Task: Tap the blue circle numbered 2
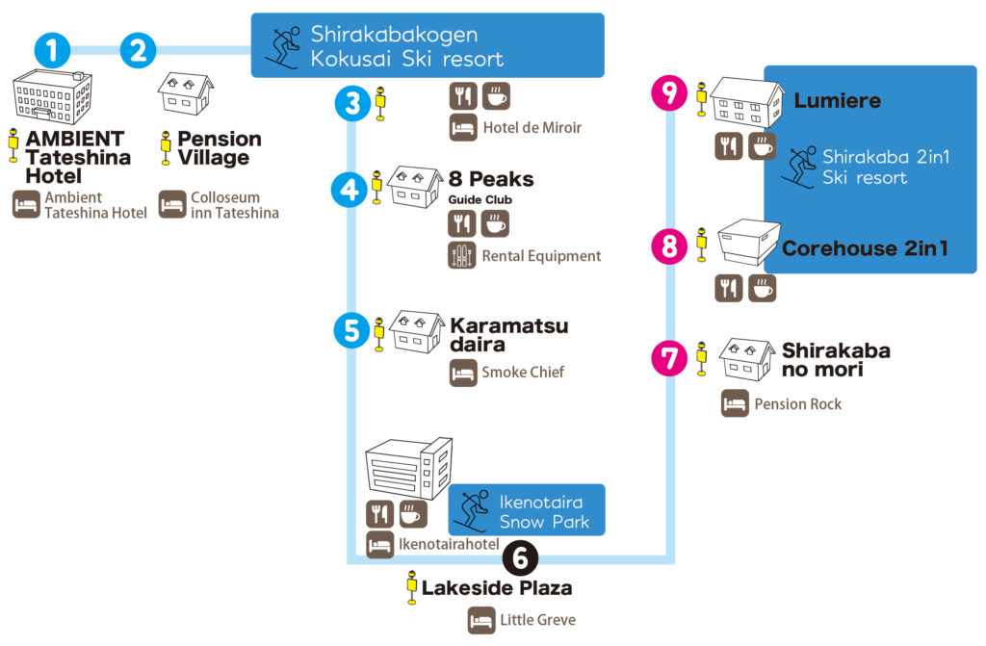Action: (x=138, y=49)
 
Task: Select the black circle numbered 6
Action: (x=520, y=556)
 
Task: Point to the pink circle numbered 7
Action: (x=670, y=357)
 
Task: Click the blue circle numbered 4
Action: (x=350, y=189)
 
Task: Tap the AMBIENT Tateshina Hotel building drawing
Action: (x=53, y=99)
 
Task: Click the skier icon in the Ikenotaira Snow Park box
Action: (x=472, y=509)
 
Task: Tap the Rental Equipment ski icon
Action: (x=463, y=255)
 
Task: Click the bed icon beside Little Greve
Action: (x=481, y=620)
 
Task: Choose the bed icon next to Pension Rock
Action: (x=736, y=403)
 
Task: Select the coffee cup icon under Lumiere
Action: (x=762, y=146)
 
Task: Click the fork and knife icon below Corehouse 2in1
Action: (x=729, y=288)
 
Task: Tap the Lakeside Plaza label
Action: (x=497, y=586)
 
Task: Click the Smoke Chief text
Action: (x=523, y=373)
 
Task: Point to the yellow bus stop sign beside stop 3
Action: (x=380, y=103)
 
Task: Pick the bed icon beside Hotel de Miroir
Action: (x=463, y=127)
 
